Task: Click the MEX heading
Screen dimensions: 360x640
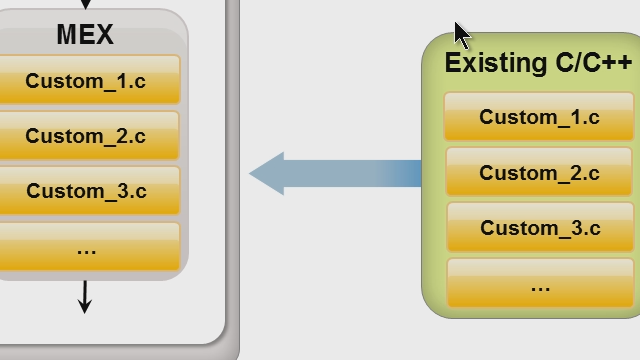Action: [x=85, y=35]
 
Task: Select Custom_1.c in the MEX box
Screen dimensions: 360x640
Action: [x=86, y=81]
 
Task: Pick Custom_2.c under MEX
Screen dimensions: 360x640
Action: [x=86, y=136]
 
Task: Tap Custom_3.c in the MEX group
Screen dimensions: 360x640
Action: [x=86, y=190]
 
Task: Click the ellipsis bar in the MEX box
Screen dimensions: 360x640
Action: [x=86, y=246]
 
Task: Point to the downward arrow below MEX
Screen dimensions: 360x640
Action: [x=85, y=298]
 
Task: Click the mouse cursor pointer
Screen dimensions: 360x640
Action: [x=461, y=33]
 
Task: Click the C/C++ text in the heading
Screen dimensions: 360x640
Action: [x=594, y=63]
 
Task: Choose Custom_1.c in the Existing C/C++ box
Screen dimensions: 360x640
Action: [x=539, y=117]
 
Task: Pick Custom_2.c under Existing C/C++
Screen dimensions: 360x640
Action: [x=539, y=173]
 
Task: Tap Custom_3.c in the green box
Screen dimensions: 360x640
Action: [x=540, y=228]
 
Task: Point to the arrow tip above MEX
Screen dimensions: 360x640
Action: [x=85, y=5]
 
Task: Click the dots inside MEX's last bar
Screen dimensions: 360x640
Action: [x=86, y=250]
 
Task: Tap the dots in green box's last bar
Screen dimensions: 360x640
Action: [x=540, y=288]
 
